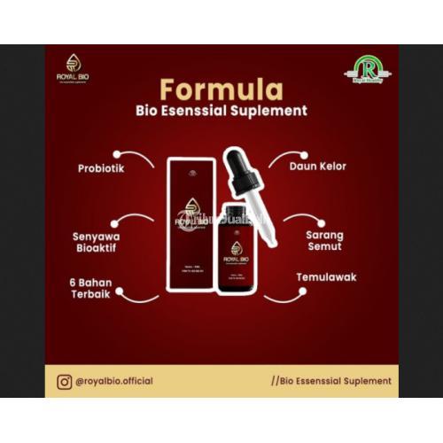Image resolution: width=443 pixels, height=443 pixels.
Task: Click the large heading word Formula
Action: (221, 90)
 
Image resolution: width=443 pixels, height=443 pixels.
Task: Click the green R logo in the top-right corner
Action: (367, 68)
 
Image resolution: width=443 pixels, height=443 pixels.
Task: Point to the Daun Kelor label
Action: (320, 166)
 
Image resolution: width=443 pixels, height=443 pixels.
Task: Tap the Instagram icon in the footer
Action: (64, 381)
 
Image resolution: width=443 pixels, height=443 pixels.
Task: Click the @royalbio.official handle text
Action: (114, 381)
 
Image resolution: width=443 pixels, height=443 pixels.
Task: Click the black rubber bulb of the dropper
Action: (240, 160)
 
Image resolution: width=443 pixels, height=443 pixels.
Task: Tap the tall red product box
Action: (192, 221)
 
